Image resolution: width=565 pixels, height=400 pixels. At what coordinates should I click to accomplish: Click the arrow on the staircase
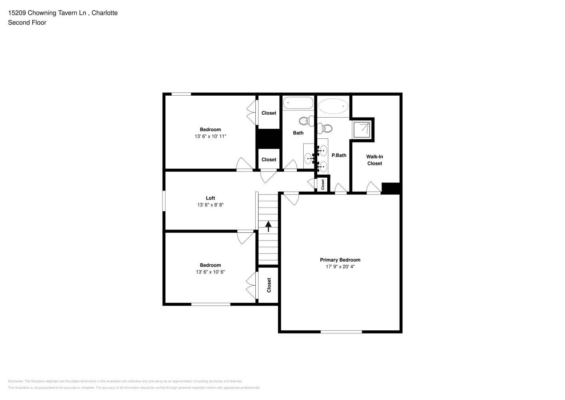pos(269,226)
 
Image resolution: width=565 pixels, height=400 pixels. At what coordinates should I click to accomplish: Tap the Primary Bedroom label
pos(340,260)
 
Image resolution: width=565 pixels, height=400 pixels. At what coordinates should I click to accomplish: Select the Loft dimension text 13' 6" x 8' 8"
pos(210,205)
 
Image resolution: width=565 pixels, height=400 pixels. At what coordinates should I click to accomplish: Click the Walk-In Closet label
pos(374,160)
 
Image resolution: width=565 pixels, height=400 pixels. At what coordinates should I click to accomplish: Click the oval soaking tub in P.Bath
pos(333,106)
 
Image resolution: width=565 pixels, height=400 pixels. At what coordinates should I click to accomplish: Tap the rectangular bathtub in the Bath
pos(298,103)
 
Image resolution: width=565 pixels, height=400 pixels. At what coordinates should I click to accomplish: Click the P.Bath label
pos(339,155)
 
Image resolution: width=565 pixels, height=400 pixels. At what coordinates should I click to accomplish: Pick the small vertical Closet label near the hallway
pos(323,184)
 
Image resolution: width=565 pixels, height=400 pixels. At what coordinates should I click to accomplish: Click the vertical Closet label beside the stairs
pos(269,285)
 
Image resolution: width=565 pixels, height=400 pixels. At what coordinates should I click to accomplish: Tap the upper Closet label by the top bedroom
pos(269,113)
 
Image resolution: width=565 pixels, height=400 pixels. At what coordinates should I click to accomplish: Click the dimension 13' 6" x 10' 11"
pos(210,136)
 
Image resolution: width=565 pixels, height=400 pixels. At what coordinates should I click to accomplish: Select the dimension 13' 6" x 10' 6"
pos(210,272)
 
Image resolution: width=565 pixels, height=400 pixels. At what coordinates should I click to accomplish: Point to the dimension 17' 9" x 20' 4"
pos(340,267)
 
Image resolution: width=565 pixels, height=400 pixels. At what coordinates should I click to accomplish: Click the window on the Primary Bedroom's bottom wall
pos(341,332)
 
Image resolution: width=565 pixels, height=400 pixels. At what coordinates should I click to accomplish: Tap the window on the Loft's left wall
pos(164,201)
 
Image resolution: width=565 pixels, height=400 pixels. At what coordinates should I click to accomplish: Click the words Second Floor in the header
pos(27,23)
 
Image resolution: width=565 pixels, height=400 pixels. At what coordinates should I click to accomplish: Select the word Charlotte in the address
pos(104,13)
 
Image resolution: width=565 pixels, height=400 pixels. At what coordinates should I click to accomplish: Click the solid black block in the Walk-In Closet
pos(391,188)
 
